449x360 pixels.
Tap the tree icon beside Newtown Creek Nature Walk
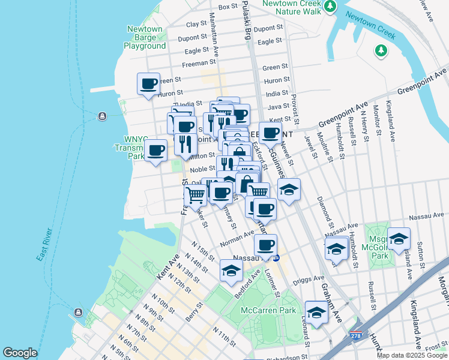330,7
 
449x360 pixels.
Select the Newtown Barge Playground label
145,37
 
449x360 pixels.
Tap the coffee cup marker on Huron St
148,83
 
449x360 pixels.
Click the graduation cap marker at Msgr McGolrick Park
399,239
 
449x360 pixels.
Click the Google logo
20,353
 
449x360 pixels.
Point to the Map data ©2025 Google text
412,355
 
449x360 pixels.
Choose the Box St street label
228,7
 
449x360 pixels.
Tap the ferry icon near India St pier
101,115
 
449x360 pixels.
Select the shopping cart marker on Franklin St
195,194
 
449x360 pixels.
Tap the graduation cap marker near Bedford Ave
231,270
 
